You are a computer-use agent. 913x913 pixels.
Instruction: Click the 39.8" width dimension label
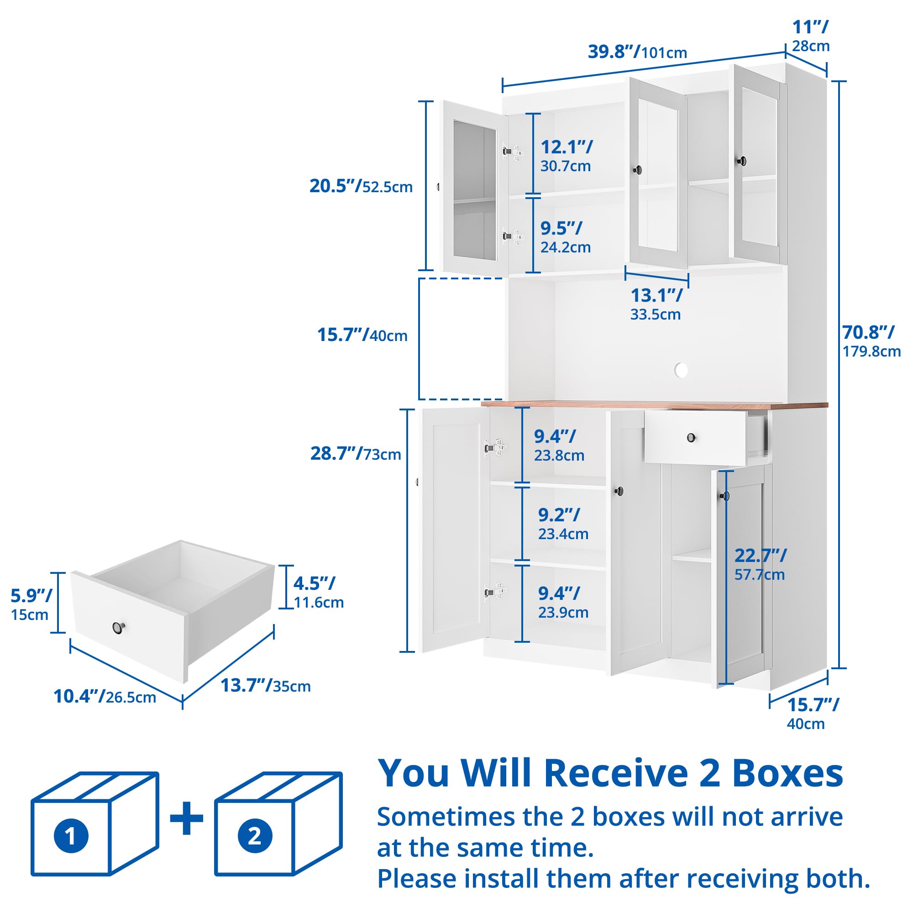(637, 52)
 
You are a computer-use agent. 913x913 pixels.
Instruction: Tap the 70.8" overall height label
(871, 341)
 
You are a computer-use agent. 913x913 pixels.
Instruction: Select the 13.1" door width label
(656, 304)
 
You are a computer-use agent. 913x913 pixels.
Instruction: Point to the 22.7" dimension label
(761, 564)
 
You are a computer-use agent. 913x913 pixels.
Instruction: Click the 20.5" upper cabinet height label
(361, 186)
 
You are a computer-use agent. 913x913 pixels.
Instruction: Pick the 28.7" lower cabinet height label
(355, 453)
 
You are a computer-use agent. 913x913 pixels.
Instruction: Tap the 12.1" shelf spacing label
(566, 156)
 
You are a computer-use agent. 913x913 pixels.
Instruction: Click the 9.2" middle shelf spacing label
(563, 524)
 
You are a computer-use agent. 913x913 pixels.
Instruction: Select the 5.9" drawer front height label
(31, 604)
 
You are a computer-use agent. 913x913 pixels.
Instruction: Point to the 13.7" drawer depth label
(266, 685)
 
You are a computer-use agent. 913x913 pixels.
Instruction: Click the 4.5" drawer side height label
(319, 592)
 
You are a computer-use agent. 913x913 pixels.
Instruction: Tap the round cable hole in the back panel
(681, 370)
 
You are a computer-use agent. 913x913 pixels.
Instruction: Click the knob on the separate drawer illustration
(119, 628)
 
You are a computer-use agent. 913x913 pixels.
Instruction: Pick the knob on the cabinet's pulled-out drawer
(693, 438)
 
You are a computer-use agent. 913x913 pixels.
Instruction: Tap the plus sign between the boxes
(187, 818)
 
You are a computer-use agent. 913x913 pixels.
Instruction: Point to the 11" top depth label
(811, 36)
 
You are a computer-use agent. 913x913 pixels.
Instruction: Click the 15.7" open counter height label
(362, 335)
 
